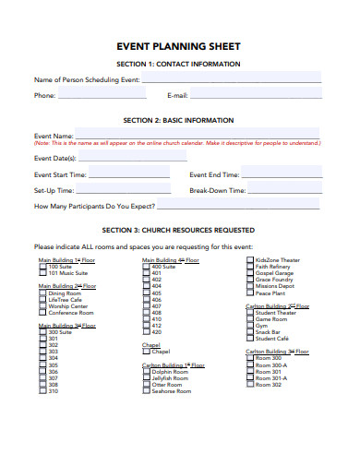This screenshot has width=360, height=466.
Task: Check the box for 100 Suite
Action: click(42, 267)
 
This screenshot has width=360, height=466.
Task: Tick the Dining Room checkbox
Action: click(42, 293)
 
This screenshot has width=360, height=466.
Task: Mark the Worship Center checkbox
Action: click(42, 305)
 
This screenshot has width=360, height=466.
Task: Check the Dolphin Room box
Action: click(146, 372)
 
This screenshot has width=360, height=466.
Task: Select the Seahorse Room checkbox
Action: click(146, 391)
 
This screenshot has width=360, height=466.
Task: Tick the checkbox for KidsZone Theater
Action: click(249, 260)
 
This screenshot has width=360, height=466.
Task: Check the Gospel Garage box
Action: click(249, 273)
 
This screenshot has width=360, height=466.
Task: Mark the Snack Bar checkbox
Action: click(249, 332)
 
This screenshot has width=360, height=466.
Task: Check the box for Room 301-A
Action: click(249, 378)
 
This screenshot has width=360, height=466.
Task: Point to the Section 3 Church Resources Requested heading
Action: click(179, 230)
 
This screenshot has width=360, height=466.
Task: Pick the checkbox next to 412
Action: click(146, 326)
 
